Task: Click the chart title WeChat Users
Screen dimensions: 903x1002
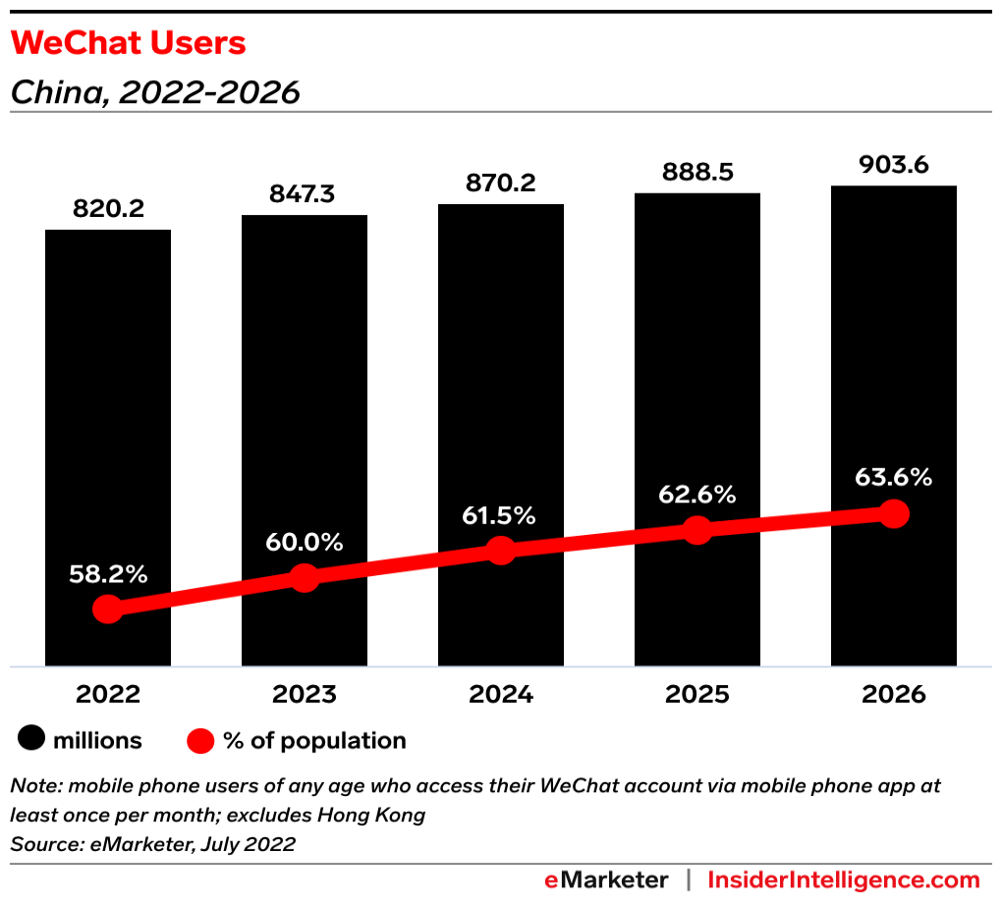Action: click(x=128, y=43)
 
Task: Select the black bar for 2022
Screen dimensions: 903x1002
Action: click(x=108, y=412)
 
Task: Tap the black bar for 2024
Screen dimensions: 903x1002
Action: click(x=501, y=393)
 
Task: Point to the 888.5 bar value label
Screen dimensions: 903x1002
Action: click(x=697, y=173)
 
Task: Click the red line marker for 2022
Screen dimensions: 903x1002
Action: click(x=108, y=610)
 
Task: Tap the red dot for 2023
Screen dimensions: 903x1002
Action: click(x=305, y=578)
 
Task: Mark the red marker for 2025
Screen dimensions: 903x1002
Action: click(x=697, y=530)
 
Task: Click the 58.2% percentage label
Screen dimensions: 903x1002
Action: click(x=108, y=575)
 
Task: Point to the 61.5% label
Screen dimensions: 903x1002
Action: click(x=501, y=515)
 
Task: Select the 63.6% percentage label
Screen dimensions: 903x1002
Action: click(x=893, y=478)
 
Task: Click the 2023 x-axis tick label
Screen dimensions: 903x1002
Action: click(x=305, y=695)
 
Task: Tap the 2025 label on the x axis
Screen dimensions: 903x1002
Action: click(x=697, y=695)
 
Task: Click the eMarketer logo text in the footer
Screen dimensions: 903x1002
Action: click(x=606, y=879)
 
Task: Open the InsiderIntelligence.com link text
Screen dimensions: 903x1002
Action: click(x=844, y=879)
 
